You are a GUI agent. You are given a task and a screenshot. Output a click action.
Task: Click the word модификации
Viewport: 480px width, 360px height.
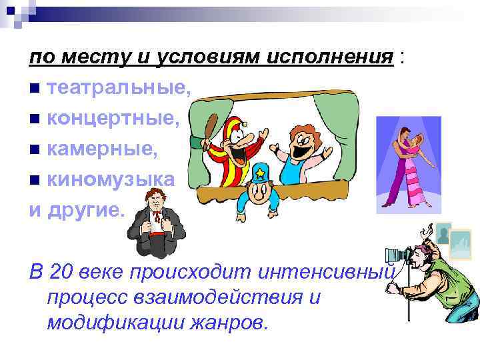[119, 323]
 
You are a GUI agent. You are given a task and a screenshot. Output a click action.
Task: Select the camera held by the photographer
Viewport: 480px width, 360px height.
[400, 254]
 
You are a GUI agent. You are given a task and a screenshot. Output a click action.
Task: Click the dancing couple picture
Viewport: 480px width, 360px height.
[409, 164]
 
